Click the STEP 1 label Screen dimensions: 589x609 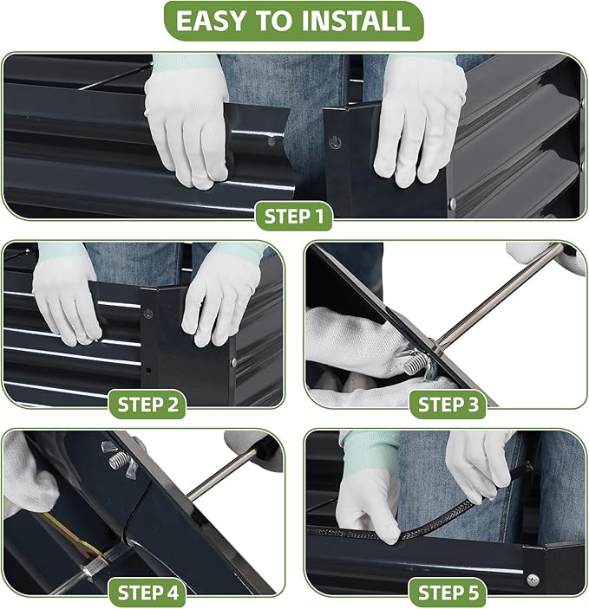[294, 217]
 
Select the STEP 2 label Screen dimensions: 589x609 [147, 405]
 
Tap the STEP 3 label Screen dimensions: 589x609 [448, 405]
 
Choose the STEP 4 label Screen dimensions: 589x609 [147, 593]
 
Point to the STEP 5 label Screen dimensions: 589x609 [448, 593]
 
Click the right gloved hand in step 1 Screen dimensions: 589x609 [418, 120]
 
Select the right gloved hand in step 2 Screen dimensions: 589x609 [219, 299]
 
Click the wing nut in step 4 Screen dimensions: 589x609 [119, 460]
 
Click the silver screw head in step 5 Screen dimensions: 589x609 [533, 580]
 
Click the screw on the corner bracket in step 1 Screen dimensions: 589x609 [335, 143]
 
